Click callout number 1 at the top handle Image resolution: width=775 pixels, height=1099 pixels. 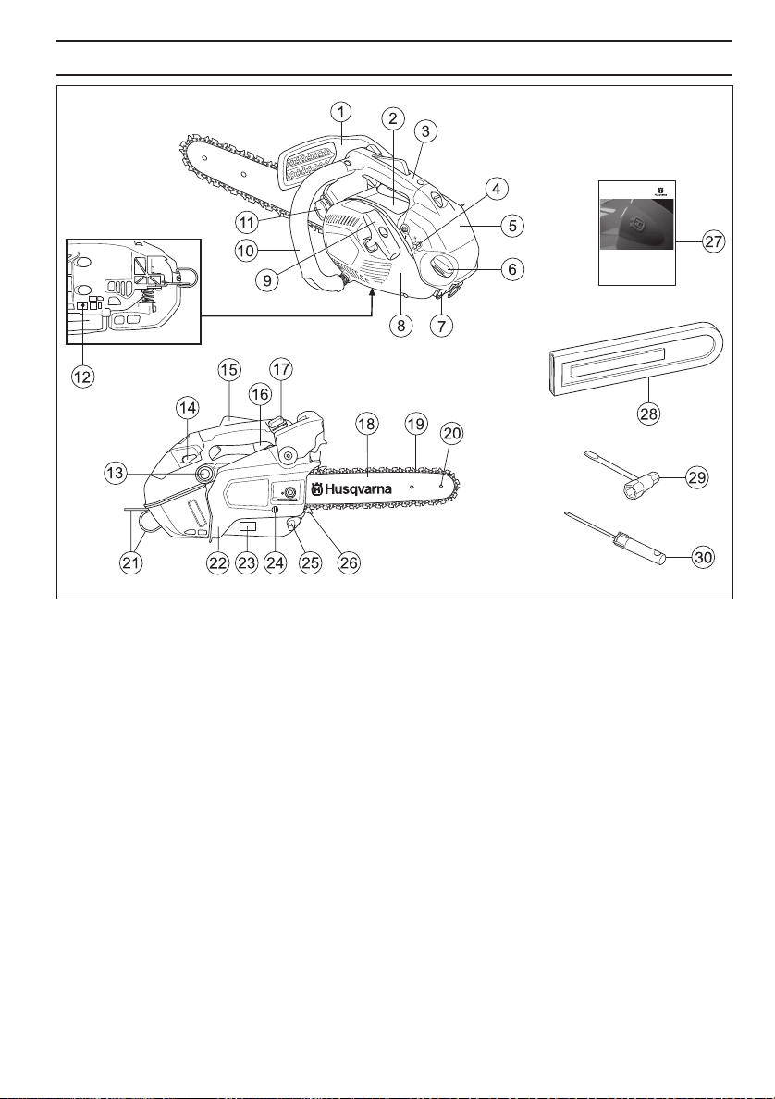tap(341, 111)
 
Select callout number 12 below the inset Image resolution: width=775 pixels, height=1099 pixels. tap(82, 380)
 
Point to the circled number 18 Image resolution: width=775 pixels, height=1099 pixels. tap(367, 424)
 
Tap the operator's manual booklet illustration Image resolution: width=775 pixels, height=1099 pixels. tap(637, 231)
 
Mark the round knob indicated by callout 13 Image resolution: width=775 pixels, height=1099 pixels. tap(199, 475)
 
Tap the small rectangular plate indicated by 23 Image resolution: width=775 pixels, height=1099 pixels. tap(247, 526)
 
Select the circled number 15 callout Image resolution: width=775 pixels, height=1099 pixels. tap(228, 369)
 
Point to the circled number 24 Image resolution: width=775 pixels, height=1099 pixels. tap(275, 563)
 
